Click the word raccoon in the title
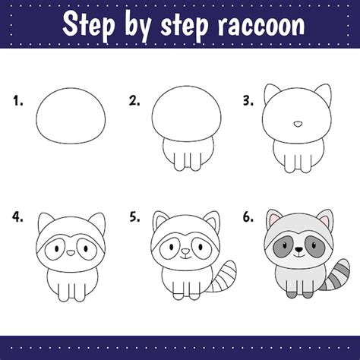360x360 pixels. pyautogui.click(x=261, y=25)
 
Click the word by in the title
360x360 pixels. pyautogui.click(x=137, y=27)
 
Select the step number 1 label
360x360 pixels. pyautogui.click(x=18, y=100)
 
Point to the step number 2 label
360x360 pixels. pyautogui.click(x=134, y=100)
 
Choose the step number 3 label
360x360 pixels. pyautogui.click(x=248, y=100)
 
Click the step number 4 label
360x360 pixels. pyautogui.click(x=17, y=217)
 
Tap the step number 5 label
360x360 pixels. pyautogui.click(x=134, y=217)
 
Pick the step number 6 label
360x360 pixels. pyautogui.click(x=248, y=217)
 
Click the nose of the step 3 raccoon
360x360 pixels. pyautogui.click(x=298, y=124)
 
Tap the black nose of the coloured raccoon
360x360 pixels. pyautogui.click(x=299, y=250)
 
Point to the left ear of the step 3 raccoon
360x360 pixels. pyautogui.click(x=271, y=93)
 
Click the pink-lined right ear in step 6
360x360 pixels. pyautogui.click(x=325, y=218)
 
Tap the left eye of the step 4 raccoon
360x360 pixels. pyautogui.click(x=56, y=248)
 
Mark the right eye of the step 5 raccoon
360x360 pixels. pyautogui.click(x=201, y=246)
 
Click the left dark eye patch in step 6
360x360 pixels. pyautogui.click(x=282, y=245)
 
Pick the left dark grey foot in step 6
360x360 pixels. pyautogui.click(x=292, y=295)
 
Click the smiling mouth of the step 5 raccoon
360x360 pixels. pyautogui.click(x=186, y=257)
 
